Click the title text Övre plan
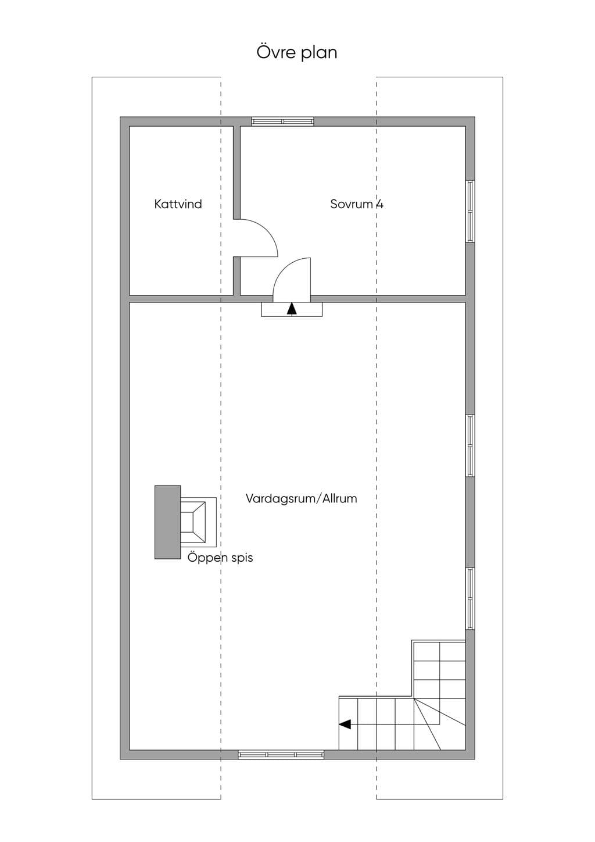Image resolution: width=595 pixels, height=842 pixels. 297,52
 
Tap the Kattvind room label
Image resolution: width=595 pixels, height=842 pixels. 178,204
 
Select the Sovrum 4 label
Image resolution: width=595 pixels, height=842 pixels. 357,204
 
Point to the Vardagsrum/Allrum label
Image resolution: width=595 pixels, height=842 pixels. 301,498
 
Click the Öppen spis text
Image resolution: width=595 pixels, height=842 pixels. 220,557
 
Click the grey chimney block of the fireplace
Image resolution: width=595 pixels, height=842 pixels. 167,522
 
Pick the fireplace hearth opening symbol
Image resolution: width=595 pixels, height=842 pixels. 198,522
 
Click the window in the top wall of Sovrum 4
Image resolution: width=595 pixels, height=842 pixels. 282,121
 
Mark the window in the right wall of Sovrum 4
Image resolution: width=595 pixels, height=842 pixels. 470,211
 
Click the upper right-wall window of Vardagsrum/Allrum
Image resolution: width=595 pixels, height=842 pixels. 470,445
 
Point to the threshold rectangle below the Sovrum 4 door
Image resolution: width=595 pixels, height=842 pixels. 292,309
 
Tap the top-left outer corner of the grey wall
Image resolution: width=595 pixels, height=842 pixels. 120,117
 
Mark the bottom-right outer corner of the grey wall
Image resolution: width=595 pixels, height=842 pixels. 475,759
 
